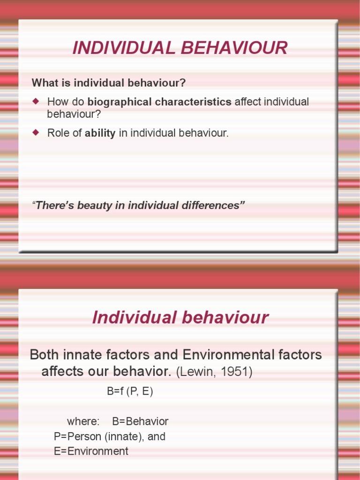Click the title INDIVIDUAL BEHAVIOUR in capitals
pos(180,48)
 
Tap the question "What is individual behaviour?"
pos(109,83)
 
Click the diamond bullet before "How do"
pos(36,101)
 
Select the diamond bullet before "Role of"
pos(36,132)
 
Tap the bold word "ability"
pos(100,133)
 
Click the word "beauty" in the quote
pos(96,205)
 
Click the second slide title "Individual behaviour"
pos(180,317)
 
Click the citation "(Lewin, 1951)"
pos(214,373)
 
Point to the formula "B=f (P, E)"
pos(130,392)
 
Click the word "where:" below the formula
pos(83,421)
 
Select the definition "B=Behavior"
pos(140,421)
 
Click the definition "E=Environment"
pos(91,451)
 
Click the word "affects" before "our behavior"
pos(64,372)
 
